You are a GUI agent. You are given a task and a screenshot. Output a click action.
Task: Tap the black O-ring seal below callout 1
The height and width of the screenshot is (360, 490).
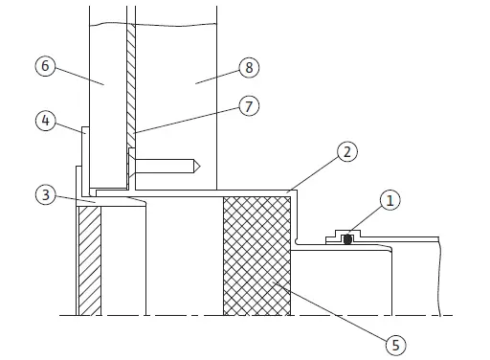pyautogui.click(x=349, y=240)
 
